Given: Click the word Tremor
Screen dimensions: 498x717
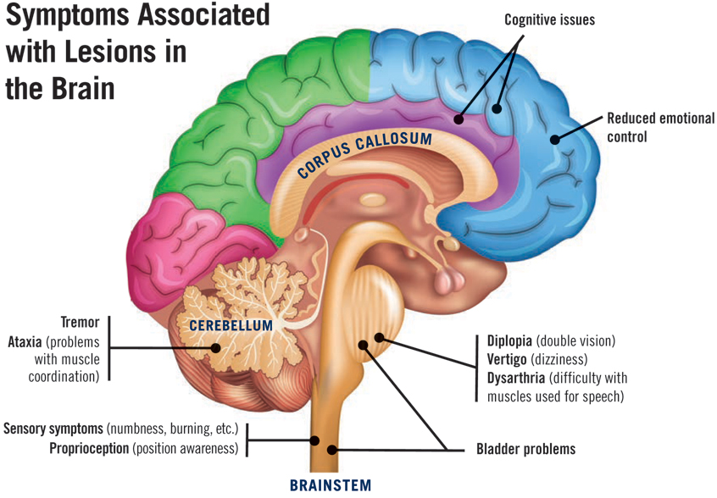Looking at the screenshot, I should click(80, 323).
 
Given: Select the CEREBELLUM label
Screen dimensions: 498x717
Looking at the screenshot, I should click(231, 325).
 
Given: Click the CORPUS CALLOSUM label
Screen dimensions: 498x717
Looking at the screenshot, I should click(364, 153).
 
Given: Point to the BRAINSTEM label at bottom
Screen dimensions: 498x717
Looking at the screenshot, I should click(331, 485).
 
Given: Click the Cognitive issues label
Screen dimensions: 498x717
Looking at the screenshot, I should click(549, 19).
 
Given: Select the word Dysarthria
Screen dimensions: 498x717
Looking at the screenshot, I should click(516, 378).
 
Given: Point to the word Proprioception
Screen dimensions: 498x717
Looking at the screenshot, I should click(89, 448).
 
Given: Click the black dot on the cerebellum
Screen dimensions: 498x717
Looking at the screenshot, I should click(217, 347).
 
